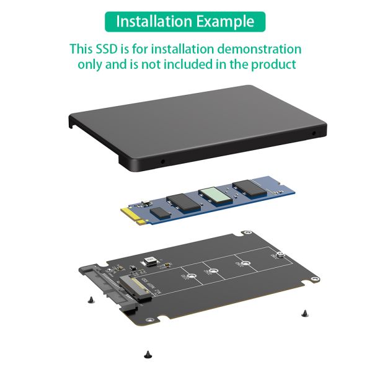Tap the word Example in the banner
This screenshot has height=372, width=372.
click(x=225, y=21)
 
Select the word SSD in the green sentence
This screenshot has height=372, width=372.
click(x=107, y=49)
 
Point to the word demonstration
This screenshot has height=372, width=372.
click(x=254, y=49)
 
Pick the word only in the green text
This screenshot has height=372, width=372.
click(x=91, y=64)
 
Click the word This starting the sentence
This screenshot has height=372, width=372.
click(x=81, y=49)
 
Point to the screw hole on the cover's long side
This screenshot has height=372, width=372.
click(x=163, y=161)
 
